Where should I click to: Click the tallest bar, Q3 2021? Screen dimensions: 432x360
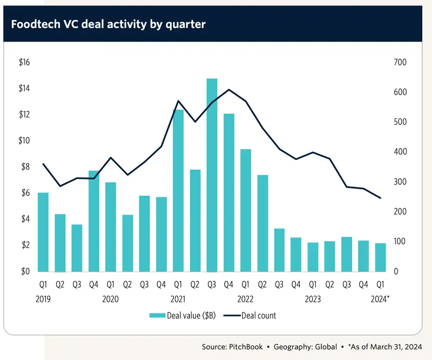pyautogui.click(x=212, y=175)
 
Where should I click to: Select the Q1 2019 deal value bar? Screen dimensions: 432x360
pyautogui.click(x=43, y=232)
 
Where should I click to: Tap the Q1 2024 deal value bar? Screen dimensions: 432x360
pyautogui.click(x=381, y=258)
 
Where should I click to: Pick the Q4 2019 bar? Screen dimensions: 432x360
pyautogui.click(x=93, y=221)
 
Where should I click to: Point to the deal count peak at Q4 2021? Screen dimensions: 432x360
pyautogui.click(x=229, y=89)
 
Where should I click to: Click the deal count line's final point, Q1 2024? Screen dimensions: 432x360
pyautogui.click(x=381, y=198)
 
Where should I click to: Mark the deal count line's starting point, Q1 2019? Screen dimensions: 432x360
pyautogui.click(x=43, y=164)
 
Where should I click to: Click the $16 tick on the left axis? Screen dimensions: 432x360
pyautogui.click(x=24, y=62)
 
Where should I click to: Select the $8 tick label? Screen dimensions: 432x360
pyautogui.click(x=25, y=166)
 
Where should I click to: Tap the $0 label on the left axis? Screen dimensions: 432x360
pyautogui.click(x=25, y=271)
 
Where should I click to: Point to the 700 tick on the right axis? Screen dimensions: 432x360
pyautogui.click(x=400, y=62)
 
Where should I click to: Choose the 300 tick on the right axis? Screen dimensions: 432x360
pyautogui.click(x=400, y=182)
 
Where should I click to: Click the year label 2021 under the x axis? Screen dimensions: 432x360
pyautogui.click(x=178, y=299)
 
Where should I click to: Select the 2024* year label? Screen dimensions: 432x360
pyautogui.click(x=380, y=299)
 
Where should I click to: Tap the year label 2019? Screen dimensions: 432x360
pyautogui.click(x=43, y=299)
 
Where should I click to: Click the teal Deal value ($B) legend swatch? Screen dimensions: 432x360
pyautogui.click(x=157, y=315)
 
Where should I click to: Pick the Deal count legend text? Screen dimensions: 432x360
pyautogui.click(x=259, y=316)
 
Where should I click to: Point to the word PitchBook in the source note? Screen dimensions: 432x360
pyautogui.click(x=246, y=347)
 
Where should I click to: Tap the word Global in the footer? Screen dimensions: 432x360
pyautogui.click(x=326, y=347)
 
